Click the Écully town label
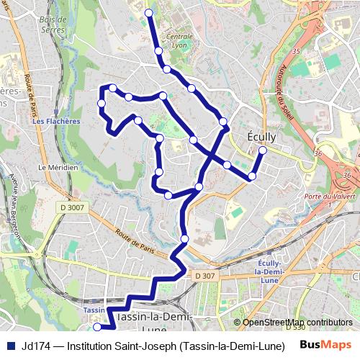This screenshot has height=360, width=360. click(261, 135)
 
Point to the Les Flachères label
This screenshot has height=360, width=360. click(56, 122)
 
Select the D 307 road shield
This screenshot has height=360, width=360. click(204, 275)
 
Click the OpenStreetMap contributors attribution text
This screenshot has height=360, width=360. click(297, 323)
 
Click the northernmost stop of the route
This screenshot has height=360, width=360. click(149, 13)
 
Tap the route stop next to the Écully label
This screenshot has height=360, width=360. click(262, 150)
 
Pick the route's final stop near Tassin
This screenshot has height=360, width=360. click(97, 327)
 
